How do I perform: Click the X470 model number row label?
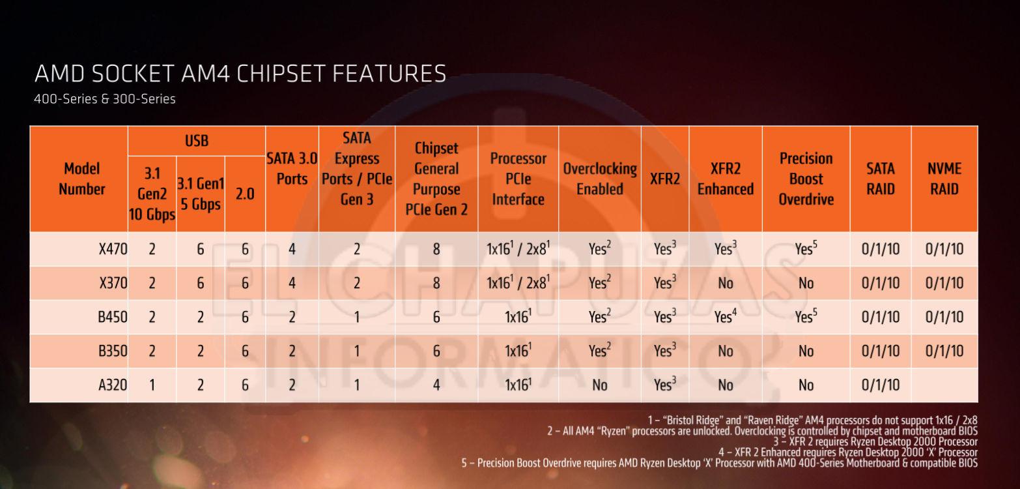point(112,249)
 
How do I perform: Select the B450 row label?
point(112,318)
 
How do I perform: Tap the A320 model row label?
point(112,385)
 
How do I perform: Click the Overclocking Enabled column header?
point(599,179)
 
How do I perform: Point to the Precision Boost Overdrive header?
point(806,179)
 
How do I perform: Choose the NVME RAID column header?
point(944,179)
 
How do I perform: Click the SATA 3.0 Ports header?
point(292,168)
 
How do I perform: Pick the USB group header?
point(196,140)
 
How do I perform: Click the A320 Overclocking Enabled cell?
point(599,385)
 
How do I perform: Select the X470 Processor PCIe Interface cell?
point(518,249)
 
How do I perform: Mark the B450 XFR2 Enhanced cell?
point(725,318)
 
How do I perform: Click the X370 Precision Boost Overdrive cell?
point(806,283)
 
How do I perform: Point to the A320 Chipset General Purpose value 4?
point(436,385)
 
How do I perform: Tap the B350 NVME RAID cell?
point(944,351)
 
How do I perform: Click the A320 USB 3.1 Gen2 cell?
point(152,385)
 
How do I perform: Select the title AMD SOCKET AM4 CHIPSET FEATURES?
point(240,74)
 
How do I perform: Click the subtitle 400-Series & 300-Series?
point(105,100)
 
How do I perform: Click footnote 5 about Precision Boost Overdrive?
point(719,463)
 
